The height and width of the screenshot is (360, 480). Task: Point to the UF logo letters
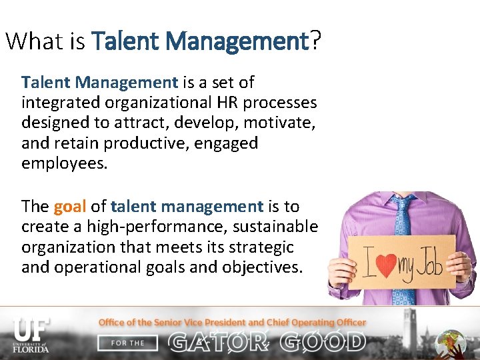click(x=31, y=328)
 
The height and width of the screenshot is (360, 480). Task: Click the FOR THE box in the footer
click(x=127, y=343)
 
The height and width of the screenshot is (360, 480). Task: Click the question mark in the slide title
click(x=315, y=41)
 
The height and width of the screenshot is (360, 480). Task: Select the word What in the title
click(x=34, y=41)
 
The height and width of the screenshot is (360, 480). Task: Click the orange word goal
click(x=70, y=206)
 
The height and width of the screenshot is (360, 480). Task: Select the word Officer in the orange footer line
click(x=347, y=322)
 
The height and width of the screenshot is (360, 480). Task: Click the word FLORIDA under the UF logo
click(x=31, y=349)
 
